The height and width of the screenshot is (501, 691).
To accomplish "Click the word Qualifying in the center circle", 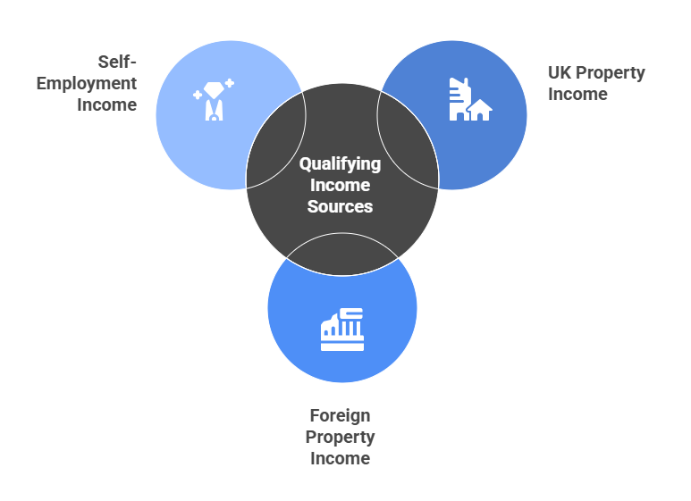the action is click(340, 164).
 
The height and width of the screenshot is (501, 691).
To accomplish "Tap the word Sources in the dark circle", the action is click(340, 206).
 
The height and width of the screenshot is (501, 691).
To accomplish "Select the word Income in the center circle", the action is click(340, 185).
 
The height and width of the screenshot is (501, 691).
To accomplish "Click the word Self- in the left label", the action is click(117, 62).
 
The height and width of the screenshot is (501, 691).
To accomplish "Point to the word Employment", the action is click(93, 83).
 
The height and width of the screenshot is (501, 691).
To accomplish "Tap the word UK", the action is click(560, 72).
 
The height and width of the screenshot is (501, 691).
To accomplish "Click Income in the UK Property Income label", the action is click(577, 94).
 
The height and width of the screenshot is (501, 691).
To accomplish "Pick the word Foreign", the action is click(340, 415).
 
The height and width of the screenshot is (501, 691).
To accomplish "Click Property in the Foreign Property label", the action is click(340, 437).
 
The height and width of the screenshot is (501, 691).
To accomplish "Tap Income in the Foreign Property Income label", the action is click(340, 458).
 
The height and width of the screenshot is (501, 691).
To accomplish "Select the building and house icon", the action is click(468, 100).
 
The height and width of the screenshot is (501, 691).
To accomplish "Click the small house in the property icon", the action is click(481, 111).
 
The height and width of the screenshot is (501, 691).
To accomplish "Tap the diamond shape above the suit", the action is click(213, 88).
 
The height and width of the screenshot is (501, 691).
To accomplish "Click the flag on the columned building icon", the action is click(350, 313).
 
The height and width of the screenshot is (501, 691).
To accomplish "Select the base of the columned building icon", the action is click(342, 346).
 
